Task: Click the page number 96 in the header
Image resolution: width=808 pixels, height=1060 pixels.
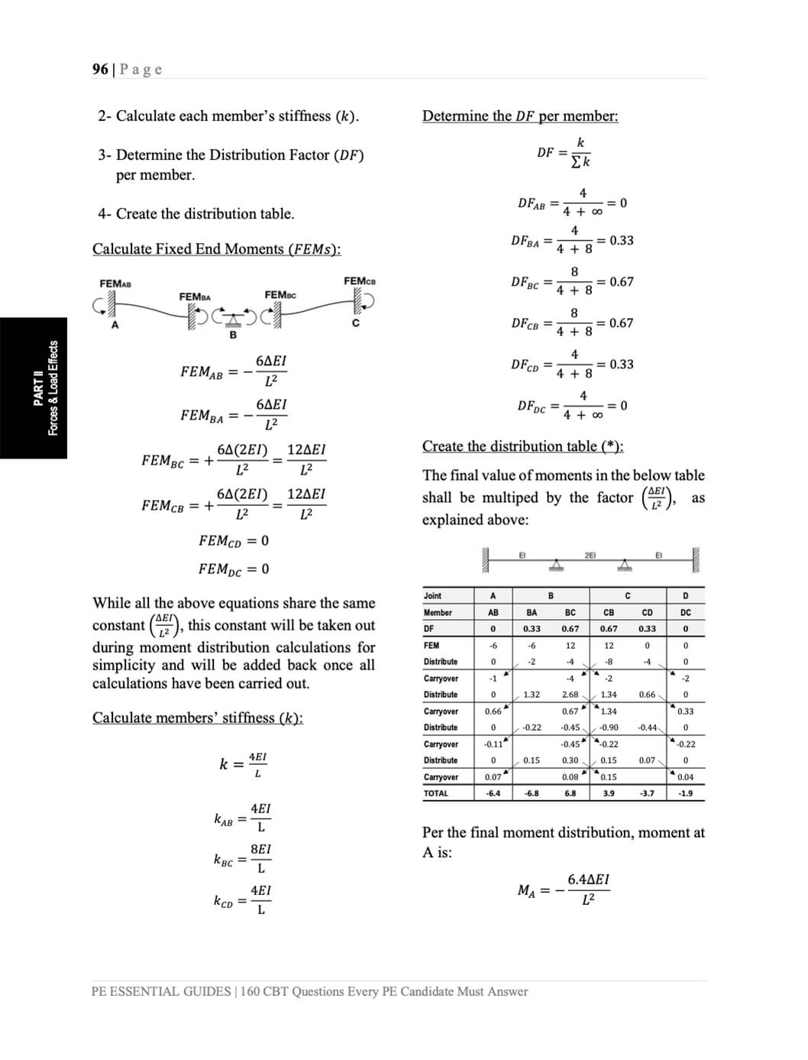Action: pos(100,70)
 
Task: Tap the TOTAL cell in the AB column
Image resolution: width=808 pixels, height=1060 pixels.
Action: pos(493,793)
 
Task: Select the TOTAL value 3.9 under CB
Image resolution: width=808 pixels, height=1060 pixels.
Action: pos(609,793)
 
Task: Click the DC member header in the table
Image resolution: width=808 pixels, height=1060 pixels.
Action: pos(685,612)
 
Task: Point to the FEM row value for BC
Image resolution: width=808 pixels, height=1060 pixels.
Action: pos(570,646)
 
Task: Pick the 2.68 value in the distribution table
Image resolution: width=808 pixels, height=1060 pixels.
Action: pos(570,695)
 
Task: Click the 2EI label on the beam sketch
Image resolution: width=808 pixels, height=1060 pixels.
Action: pos(590,556)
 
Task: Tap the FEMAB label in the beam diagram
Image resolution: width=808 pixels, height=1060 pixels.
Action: pos(115,284)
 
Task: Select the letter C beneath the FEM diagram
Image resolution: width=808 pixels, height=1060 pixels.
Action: pos(355,323)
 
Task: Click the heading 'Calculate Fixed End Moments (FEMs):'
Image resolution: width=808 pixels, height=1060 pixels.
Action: pos(217,249)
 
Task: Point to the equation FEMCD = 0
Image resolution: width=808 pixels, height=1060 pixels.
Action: pos(234,541)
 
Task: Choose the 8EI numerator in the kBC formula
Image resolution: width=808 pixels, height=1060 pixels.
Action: pos(260,849)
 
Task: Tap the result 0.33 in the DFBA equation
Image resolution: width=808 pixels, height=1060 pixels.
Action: pos(622,241)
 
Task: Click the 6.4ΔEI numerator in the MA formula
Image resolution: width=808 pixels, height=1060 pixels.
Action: pos(588,880)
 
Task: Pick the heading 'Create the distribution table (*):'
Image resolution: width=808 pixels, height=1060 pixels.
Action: pos(523,446)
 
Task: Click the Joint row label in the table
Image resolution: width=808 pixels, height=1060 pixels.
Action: pos(433,596)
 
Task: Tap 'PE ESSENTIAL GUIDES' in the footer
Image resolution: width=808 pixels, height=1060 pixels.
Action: pos(160,992)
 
